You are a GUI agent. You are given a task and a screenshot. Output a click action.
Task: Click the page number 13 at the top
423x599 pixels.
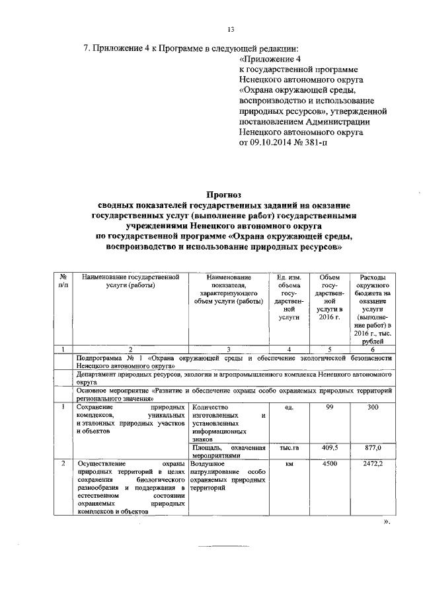(x=231, y=29)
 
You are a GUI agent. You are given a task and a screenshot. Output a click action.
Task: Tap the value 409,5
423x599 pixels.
(x=328, y=447)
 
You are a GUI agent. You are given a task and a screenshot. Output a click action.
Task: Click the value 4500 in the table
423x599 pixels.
(x=328, y=464)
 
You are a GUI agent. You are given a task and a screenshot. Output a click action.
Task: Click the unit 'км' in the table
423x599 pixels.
(x=289, y=464)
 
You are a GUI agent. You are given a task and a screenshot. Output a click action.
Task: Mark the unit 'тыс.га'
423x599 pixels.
(x=289, y=447)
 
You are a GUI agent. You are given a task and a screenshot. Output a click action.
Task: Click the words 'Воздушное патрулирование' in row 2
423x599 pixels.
(x=218, y=469)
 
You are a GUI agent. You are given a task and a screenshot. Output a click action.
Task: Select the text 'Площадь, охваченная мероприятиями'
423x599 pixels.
(x=227, y=451)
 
